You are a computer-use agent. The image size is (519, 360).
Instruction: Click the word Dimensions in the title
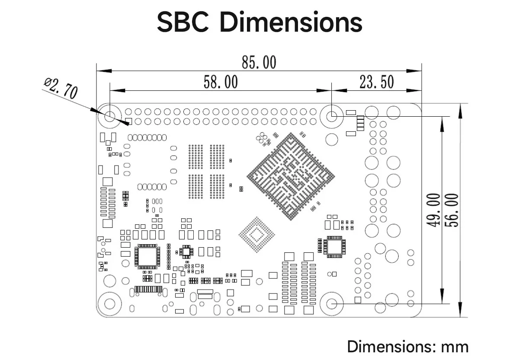pos(291,22)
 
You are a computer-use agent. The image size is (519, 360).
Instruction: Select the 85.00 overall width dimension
pos(259,62)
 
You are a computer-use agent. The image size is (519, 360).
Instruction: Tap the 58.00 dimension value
pos(221,82)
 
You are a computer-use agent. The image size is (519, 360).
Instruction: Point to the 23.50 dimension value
pos(376,82)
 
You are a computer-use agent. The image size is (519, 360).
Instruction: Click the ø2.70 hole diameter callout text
pos(61,88)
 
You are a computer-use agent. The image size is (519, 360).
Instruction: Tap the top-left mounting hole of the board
pos(110,116)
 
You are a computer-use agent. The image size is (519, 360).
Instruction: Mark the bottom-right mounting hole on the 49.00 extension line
pos(332,303)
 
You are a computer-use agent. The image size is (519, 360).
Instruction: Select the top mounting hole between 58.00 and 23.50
pos(332,116)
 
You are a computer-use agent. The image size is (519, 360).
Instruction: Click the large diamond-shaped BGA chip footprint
pos(291,176)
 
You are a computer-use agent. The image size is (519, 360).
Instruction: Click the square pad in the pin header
pos(128,122)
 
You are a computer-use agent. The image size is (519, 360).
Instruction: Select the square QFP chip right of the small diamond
pos(334,247)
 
